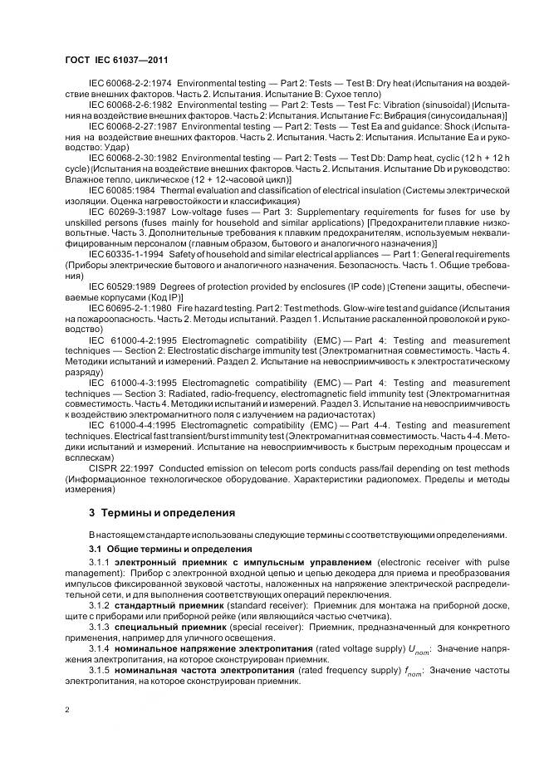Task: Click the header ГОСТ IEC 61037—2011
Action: [x=117, y=57]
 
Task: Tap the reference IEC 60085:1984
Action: [x=121, y=189]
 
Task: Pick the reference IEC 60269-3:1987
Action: [x=126, y=211]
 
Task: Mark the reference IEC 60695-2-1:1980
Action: [x=130, y=308]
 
